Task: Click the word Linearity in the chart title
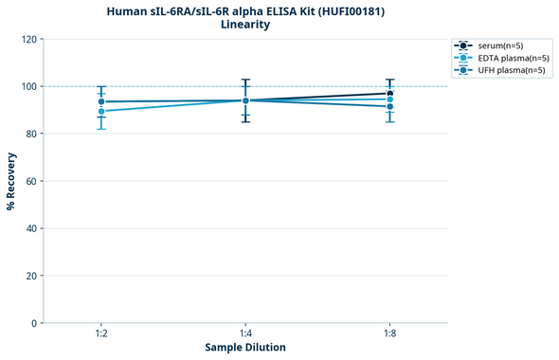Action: pos(244,25)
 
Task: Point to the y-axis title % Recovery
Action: pos(11,181)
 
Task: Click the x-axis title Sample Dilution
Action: pos(245,348)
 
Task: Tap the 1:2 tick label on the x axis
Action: pos(101,333)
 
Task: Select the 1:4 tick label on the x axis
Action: pos(245,333)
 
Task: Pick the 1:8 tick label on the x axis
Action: pos(389,333)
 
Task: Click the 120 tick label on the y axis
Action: pos(28,40)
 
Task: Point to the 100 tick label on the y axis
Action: pos(28,87)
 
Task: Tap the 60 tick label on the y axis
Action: pos(31,181)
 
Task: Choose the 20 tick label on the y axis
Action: pos(31,276)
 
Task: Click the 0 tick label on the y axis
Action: pos(34,323)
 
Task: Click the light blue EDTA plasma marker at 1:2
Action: pos(101,111)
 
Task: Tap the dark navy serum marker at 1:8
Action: pos(389,94)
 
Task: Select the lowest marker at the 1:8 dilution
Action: pos(389,106)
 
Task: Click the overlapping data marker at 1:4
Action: pos(245,100)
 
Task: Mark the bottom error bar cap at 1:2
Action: pos(101,129)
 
